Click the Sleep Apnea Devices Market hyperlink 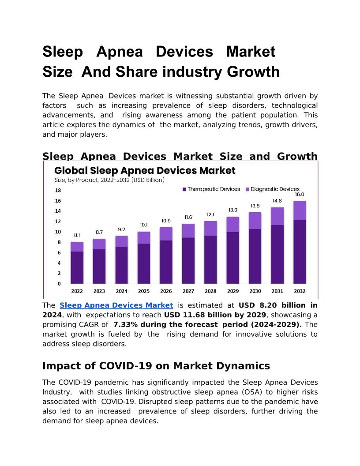coord(116,305)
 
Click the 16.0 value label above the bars coord(300,194)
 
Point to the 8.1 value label coord(77,235)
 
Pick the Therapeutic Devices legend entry coord(211,189)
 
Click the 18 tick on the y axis coord(58,191)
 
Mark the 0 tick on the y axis coord(59,284)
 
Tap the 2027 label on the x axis coord(188,291)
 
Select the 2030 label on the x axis coord(255,291)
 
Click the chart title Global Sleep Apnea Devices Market coord(145,170)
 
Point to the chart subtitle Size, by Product coord(109,180)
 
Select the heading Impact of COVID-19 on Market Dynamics coord(156,366)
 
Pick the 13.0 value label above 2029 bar coord(233,210)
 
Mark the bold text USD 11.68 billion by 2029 coord(215,315)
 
